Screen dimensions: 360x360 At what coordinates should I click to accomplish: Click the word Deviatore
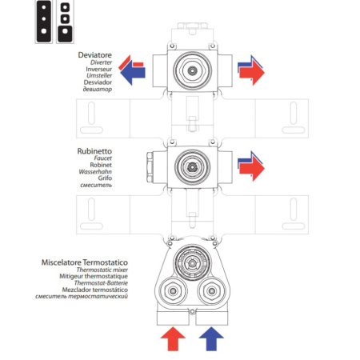pos(94,55)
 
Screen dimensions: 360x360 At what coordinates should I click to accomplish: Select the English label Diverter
pos(100,62)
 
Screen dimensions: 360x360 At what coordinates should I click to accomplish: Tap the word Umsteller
pos(98,77)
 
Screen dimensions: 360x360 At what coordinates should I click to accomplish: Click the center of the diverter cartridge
pos(191,70)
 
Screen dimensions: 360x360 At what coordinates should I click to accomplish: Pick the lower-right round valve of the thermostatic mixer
pos(211,290)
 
